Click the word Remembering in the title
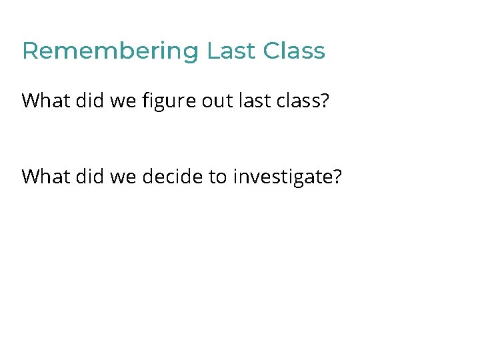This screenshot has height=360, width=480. click(x=110, y=51)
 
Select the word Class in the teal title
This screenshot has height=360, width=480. click(x=294, y=51)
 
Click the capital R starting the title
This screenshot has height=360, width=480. click(x=29, y=51)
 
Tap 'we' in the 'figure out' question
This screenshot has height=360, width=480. click(x=116, y=101)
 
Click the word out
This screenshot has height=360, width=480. click(x=213, y=101)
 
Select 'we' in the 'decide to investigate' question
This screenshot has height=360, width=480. click(x=116, y=177)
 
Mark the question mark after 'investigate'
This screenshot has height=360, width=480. click(x=335, y=177)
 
